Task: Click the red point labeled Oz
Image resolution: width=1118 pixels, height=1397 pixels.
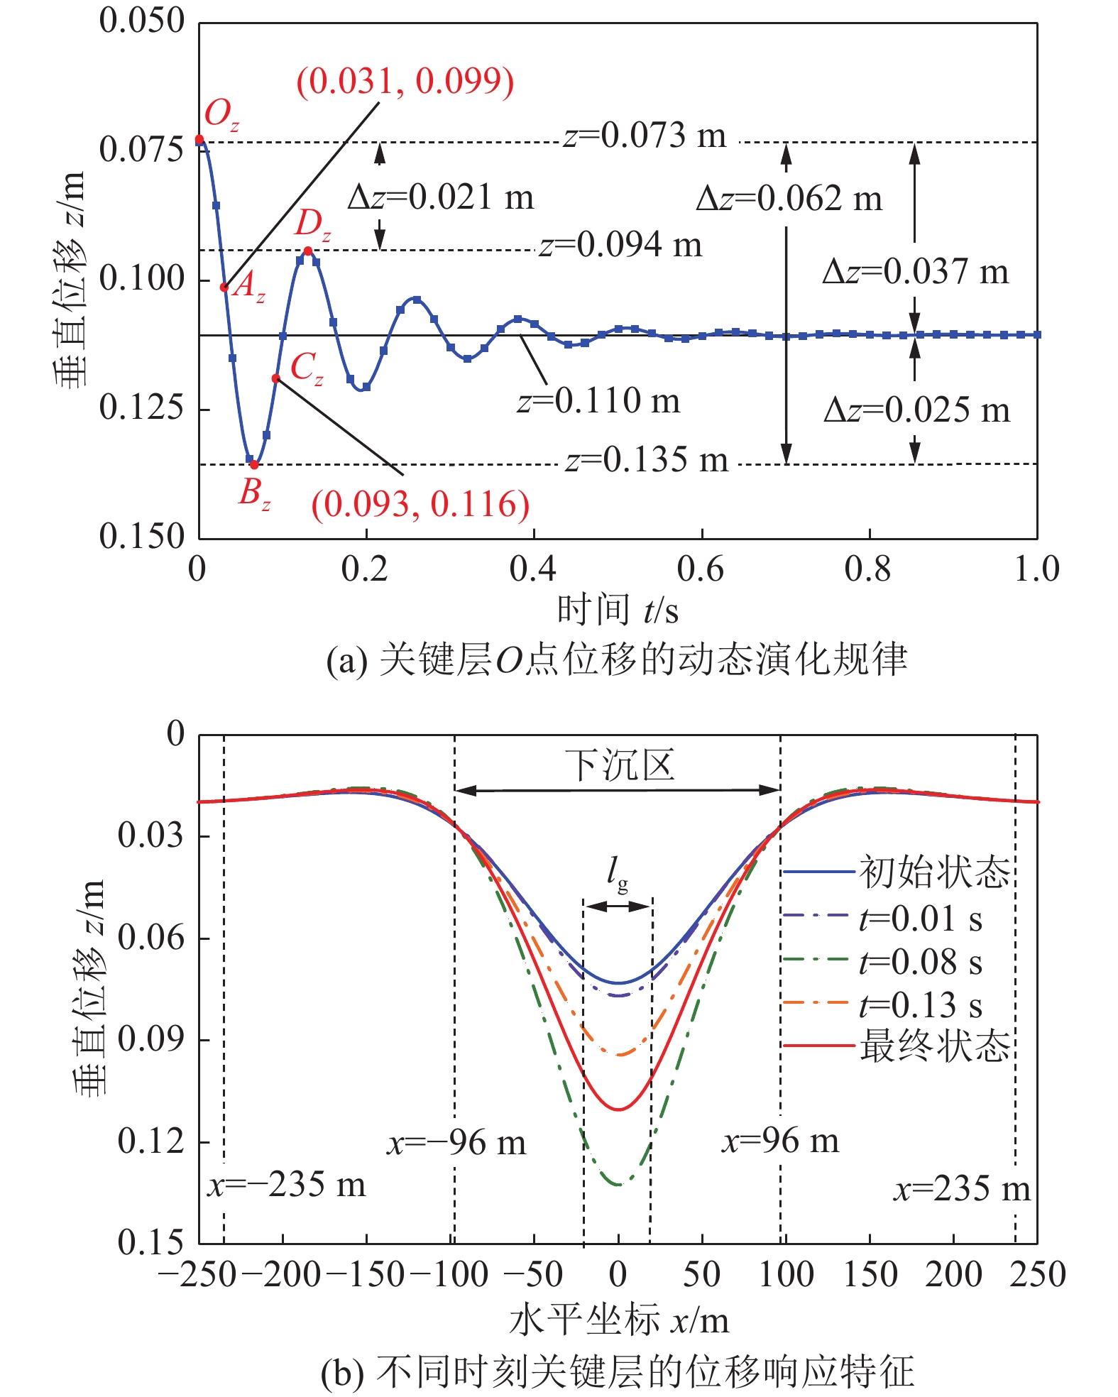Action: pos(199,139)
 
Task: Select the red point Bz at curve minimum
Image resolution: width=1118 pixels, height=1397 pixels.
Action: pos(254,465)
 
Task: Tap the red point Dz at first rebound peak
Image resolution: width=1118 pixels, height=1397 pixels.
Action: pos(307,251)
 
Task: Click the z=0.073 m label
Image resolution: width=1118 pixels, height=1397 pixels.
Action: pos(645,135)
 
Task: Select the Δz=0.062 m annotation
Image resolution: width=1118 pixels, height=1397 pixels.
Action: pos(789,198)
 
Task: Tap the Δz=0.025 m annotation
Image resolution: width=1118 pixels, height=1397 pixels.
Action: pos(916,410)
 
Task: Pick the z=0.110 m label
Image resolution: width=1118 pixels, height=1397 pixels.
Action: pos(598,401)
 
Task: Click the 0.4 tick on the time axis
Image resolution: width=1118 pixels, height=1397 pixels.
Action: pos(533,569)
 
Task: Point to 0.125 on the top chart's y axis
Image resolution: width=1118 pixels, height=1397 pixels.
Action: pos(141,407)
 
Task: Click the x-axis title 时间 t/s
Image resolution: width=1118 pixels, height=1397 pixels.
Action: pos(618,610)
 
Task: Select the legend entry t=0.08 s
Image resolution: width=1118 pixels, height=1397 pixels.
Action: pos(920,962)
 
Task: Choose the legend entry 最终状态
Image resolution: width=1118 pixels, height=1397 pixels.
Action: pos(934,1046)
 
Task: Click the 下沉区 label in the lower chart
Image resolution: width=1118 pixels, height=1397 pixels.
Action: pos(618,765)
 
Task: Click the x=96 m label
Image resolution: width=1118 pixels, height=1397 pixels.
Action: pos(780,1141)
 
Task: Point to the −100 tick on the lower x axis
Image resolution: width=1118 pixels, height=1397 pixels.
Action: pos(450,1274)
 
